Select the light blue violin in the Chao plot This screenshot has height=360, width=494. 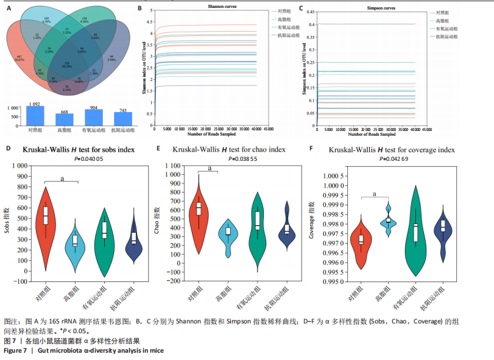(x=228, y=235)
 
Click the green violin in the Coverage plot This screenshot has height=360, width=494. (x=415, y=238)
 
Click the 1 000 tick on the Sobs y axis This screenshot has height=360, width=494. (x=24, y=166)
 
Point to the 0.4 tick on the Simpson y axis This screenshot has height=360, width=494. (x=312, y=24)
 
